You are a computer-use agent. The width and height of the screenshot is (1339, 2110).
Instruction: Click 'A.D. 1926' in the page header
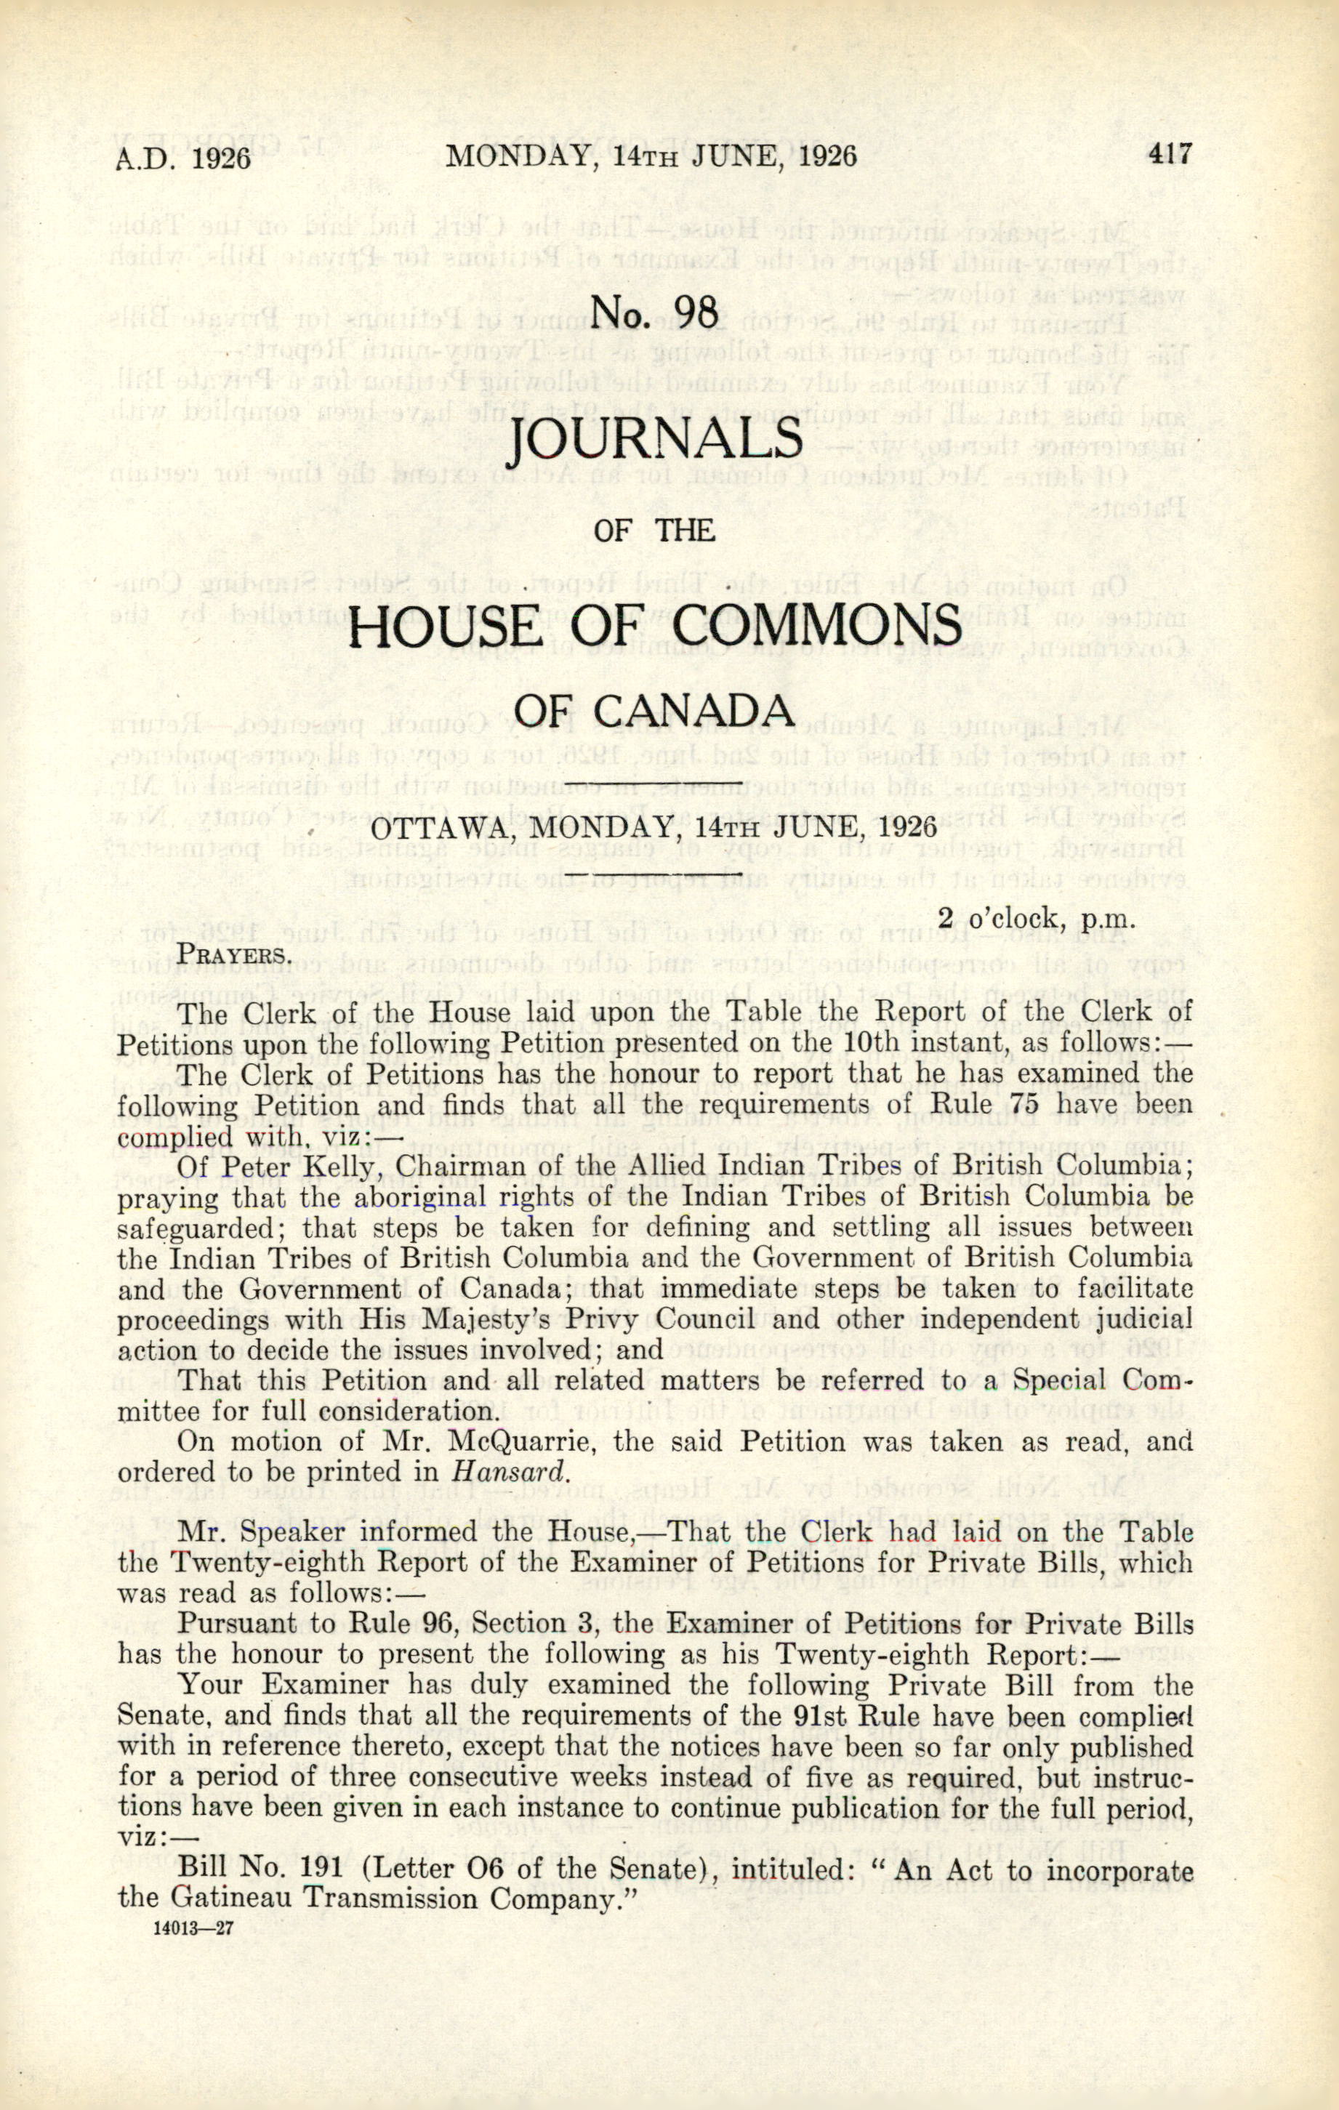coord(184,158)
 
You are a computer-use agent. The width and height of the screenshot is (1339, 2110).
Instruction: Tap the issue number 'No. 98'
coord(656,313)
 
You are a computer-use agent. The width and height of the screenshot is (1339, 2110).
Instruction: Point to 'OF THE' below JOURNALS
coord(654,530)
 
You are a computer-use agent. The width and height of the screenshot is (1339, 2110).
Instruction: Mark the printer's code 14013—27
coord(192,1928)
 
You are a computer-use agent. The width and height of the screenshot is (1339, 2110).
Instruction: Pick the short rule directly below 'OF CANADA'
coord(654,781)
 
